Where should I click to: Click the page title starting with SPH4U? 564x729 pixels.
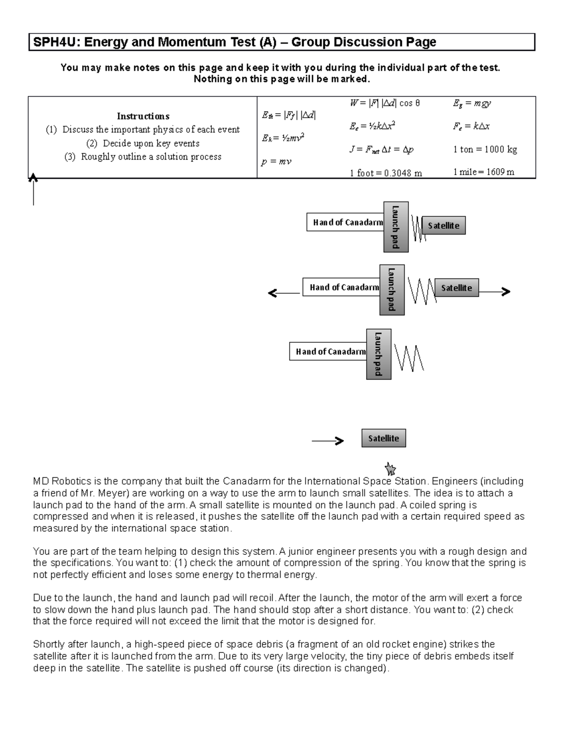coord(234,42)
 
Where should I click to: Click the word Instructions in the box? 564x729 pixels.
coord(143,116)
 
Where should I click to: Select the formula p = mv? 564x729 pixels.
coord(276,162)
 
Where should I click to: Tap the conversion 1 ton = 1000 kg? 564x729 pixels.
coord(485,149)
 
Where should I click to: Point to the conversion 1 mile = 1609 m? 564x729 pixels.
coord(484,172)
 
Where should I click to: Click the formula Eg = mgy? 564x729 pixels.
coord(472,103)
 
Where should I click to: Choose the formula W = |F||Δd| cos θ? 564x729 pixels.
coord(385,103)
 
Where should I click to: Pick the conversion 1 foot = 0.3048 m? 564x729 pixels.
coord(386,173)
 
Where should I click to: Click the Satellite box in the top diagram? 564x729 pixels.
coord(443,225)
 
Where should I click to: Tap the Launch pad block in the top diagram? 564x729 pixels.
coord(396,227)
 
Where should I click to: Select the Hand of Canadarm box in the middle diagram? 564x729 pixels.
coord(344,287)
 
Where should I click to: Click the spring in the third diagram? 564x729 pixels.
coord(409,358)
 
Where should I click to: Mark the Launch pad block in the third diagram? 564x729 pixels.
coord(378,354)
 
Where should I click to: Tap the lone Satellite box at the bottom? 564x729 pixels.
coord(383,438)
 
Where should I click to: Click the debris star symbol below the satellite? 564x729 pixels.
coord(390,468)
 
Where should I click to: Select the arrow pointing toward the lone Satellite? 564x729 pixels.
coord(328,441)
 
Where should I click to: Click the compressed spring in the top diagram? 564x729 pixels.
coord(418,228)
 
